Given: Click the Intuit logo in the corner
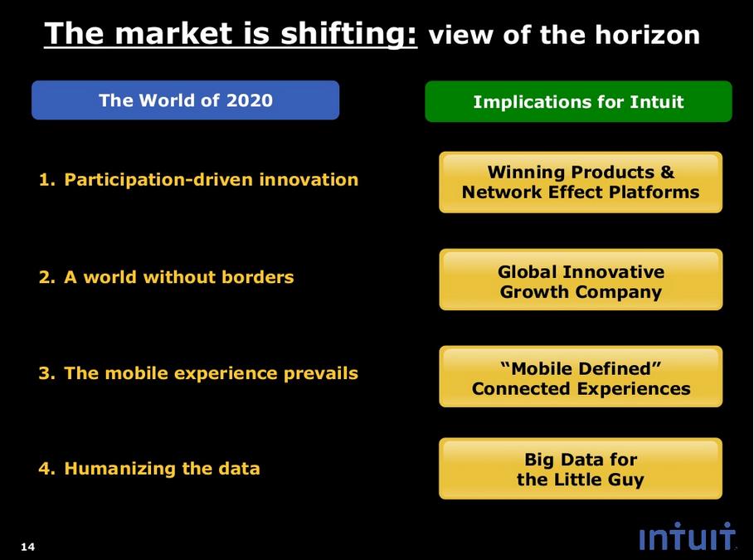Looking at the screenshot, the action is tap(687, 536).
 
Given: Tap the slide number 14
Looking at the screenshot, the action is tap(28, 547).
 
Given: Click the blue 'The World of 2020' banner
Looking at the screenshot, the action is tap(186, 100).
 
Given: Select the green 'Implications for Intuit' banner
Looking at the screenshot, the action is tap(578, 101).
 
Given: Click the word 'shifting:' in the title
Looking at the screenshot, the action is tap(348, 34).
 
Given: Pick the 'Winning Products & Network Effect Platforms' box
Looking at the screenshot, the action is tap(581, 183).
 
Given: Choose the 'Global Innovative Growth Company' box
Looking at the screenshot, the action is tap(581, 280).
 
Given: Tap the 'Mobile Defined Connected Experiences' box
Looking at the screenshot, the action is tap(581, 377).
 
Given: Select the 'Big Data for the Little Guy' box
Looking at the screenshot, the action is tap(581, 469).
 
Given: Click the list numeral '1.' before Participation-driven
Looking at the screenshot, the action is tap(47, 180).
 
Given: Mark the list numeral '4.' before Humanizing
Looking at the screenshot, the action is tap(47, 469).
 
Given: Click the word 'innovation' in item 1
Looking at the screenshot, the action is tap(309, 179).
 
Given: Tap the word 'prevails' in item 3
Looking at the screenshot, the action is tap(321, 373).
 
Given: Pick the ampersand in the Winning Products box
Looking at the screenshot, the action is tap(667, 172).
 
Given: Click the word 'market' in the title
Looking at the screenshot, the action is tap(175, 34).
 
